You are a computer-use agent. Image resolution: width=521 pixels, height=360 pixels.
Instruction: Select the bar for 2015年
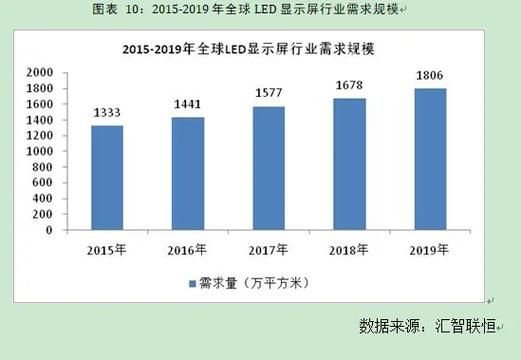108,177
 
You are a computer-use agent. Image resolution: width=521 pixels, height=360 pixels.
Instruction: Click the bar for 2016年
188,173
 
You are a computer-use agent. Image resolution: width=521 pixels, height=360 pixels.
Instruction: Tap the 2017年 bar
269,168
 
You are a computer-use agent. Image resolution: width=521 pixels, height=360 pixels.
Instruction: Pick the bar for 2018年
349,164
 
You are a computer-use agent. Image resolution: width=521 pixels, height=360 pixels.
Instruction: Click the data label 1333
108,113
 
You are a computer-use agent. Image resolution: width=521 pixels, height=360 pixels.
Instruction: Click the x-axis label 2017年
269,248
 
